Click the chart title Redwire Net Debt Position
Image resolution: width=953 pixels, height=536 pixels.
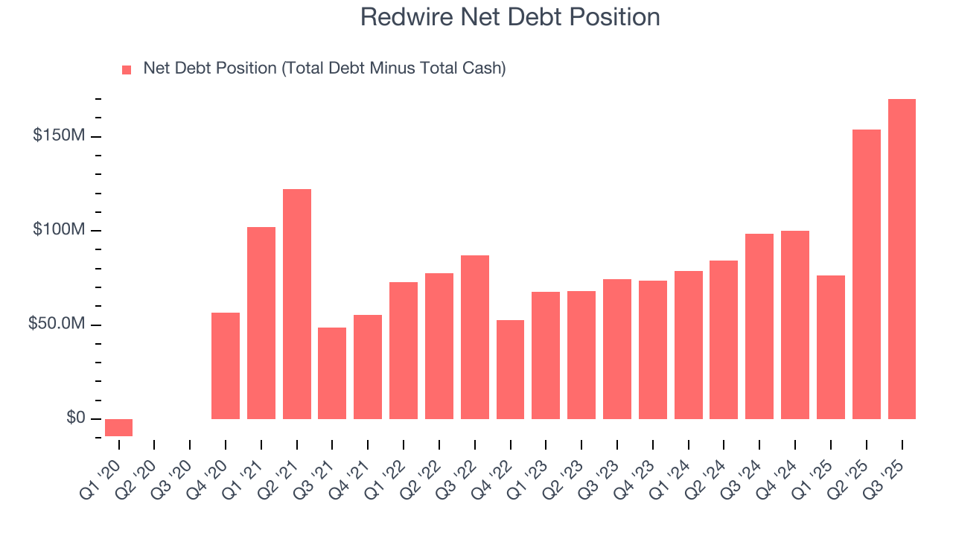pos(510,17)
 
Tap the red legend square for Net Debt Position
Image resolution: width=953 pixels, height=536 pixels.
pos(127,70)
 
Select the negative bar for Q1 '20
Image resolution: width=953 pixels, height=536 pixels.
pos(118,427)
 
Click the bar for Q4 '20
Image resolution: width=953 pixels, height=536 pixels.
pos(226,366)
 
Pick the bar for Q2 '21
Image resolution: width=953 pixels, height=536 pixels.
pos(297,304)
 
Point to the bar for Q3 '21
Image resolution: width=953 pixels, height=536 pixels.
pos(332,373)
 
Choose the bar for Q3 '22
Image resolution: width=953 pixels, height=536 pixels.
pos(475,337)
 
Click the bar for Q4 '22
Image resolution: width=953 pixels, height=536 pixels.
pos(510,369)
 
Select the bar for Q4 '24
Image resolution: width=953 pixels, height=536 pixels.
pos(795,325)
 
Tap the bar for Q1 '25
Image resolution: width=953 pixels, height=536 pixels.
pos(831,347)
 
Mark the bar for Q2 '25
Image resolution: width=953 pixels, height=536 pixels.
pos(867,274)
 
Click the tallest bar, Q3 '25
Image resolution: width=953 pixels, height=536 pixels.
pos(902,259)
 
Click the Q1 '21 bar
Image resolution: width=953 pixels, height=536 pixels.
pos(261,323)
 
